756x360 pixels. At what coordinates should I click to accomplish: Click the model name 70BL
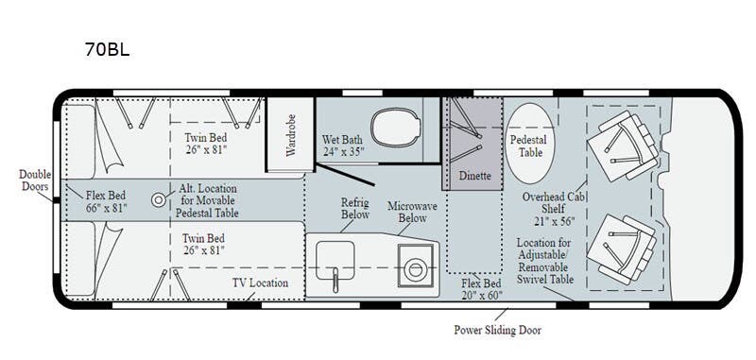pyautogui.click(x=107, y=49)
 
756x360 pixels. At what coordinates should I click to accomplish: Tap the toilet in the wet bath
pyautogui.click(x=394, y=128)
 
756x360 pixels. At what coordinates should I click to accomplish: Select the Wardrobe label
pyautogui.click(x=291, y=134)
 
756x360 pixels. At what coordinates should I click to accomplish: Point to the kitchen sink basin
pyautogui.click(x=335, y=261)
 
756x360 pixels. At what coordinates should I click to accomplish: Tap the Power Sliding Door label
pyautogui.click(x=497, y=330)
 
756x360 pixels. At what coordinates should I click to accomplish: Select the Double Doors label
pyautogui.click(x=34, y=180)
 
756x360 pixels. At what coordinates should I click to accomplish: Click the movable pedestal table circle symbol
pyautogui.click(x=158, y=199)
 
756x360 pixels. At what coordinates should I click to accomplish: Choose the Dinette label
pyautogui.click(x=475, y=176)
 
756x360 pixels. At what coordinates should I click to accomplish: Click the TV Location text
pyautogui.click(x=261, y=283)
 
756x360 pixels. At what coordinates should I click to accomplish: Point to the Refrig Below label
pyautogui.click(x=355, y=208)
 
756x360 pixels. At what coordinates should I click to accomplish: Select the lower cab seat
pyautogui.click(x=622, y=249)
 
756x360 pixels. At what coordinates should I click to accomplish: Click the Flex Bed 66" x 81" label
pyautogui.click(x=106, y=202)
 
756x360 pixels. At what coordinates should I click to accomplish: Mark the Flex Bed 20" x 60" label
pyautogui.click(x=481, y=289)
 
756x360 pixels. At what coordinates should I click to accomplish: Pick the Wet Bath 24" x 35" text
pyautogui.click(x=343, y=146)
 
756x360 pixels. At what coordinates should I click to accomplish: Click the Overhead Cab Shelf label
pyautogui.click(x=550, y=209)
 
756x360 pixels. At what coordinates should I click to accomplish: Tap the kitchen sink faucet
pyautogui.click(x=335, y=281)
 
